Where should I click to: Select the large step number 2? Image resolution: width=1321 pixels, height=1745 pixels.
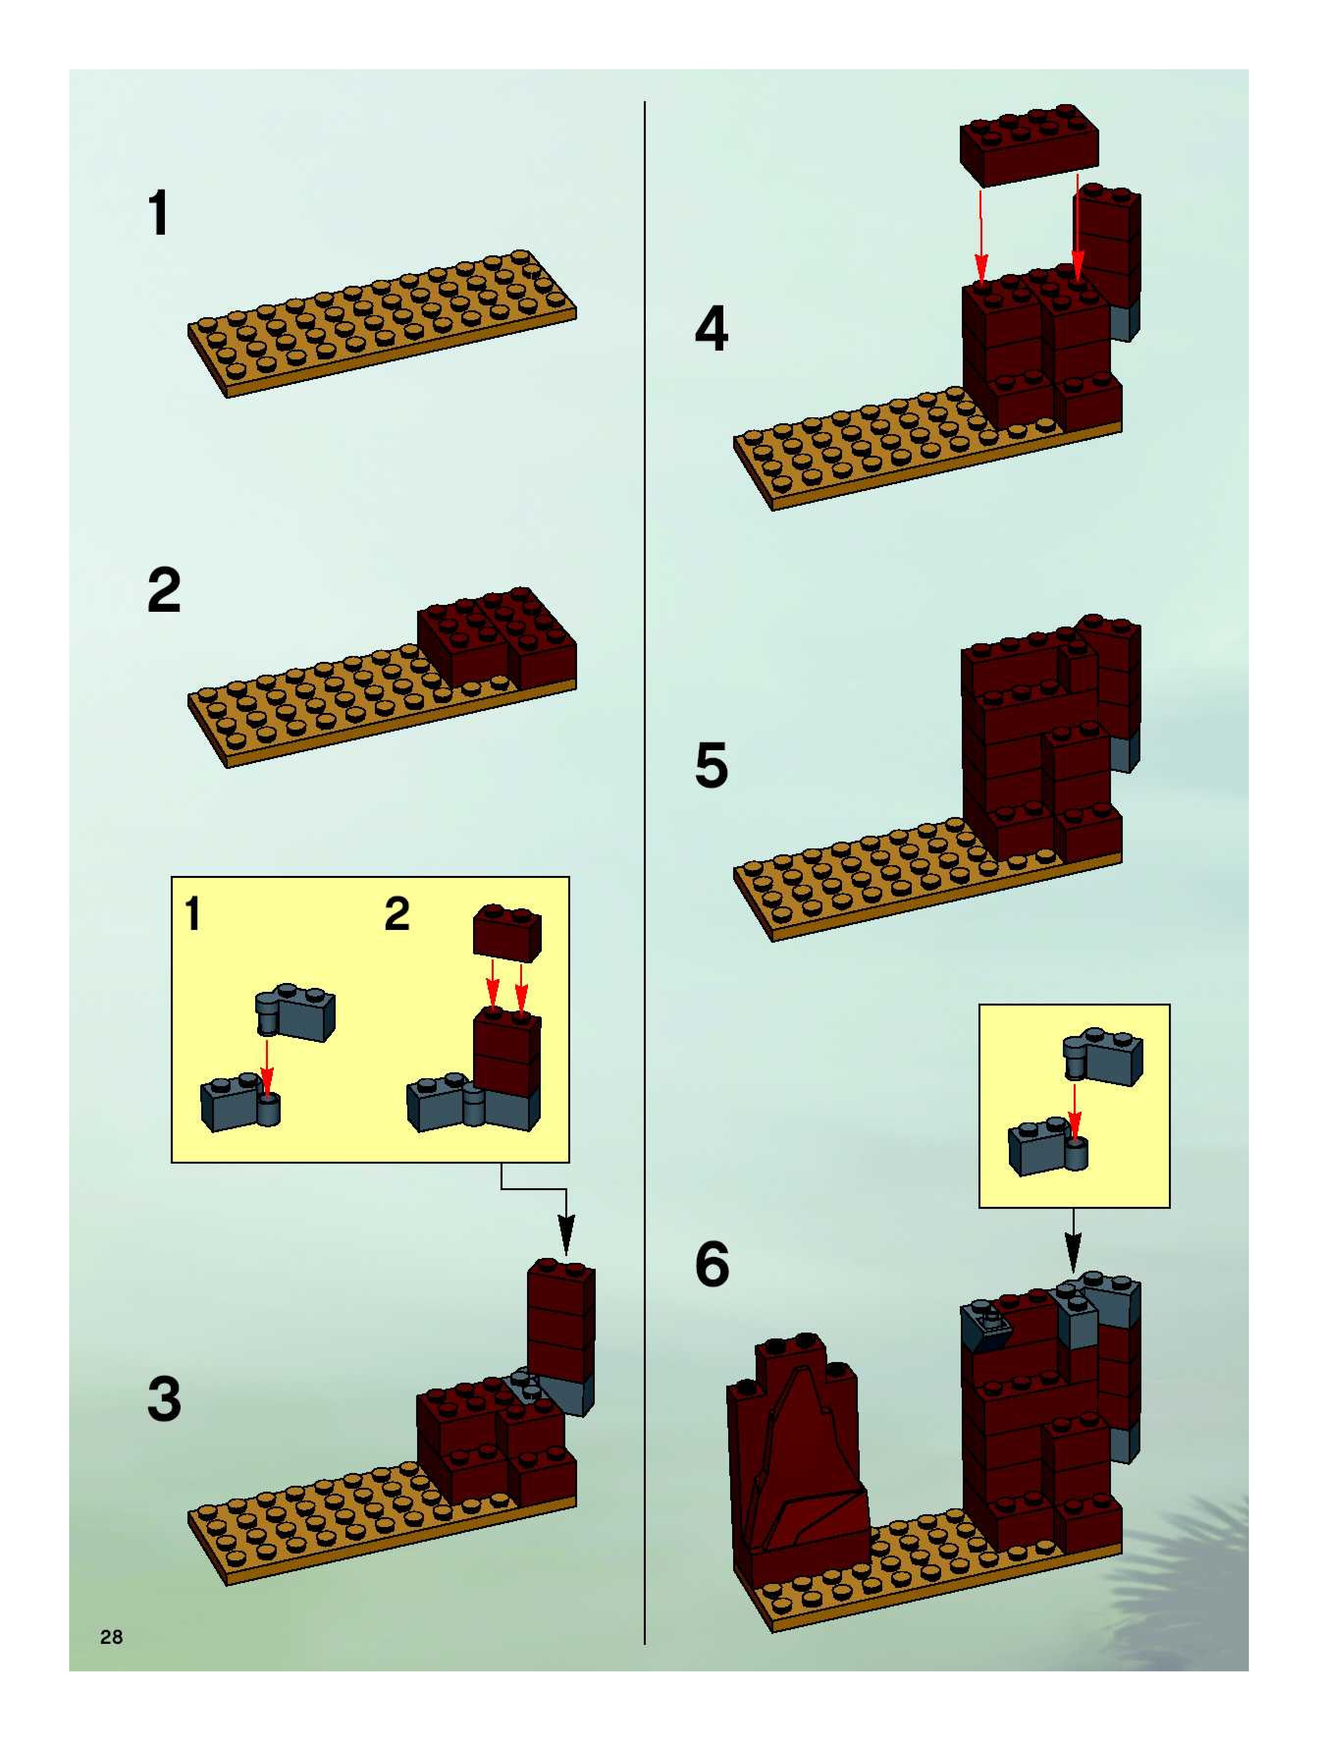pyautogui.click(x=164, y=590)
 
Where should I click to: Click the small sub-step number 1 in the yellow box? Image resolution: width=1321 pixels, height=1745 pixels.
pyautogui.click(x=192, y=914)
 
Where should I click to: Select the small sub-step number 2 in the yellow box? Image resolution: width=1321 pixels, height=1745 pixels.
pyautogui.click(x=396, y=914)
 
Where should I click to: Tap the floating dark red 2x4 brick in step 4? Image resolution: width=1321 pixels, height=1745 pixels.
pyautogui.click(x=1029, y=145)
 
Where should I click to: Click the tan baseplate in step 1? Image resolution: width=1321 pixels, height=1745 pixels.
pyautogui.click(x=382, y=324)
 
